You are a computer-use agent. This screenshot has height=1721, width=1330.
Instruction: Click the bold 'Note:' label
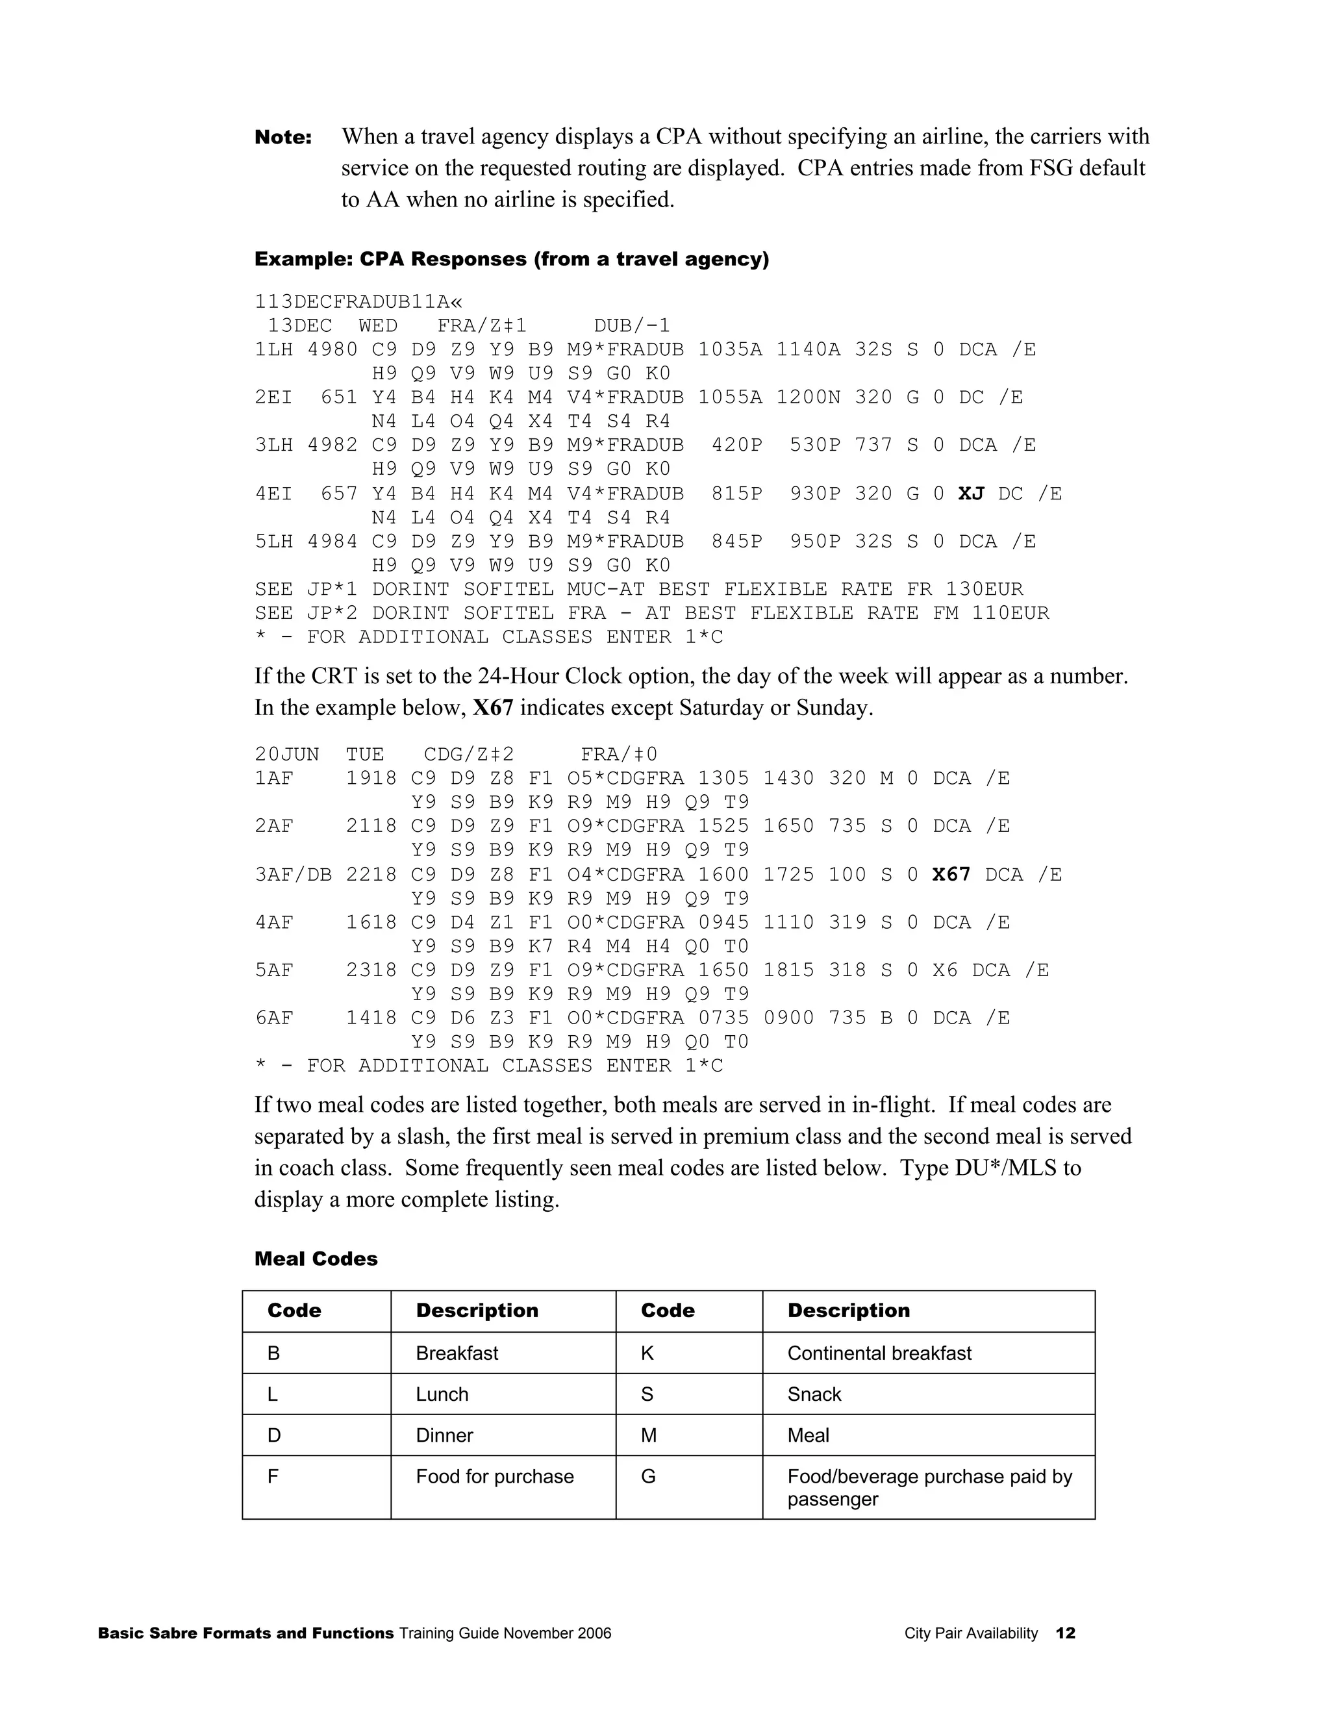(x=283, y=138)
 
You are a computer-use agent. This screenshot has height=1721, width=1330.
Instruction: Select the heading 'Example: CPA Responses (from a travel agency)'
(x=511, y=259)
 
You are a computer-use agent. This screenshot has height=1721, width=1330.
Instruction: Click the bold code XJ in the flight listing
(x=971, y=494)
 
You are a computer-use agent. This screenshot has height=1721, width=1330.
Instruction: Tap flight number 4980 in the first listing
(x=332, y=350)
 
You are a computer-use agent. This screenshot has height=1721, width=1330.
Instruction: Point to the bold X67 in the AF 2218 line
(x=951, y=875)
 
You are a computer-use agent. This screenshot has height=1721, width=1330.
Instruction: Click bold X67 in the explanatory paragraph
(x=492, y=708)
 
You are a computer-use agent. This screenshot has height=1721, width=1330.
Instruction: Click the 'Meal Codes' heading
(x=316, y=1259)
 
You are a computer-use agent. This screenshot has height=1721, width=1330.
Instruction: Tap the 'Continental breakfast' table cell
(x=879, y=1353)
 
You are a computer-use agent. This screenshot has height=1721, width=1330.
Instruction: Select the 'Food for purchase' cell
(x=494, y=1476)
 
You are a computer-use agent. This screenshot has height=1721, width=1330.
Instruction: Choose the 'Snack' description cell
(x=814, y=1394)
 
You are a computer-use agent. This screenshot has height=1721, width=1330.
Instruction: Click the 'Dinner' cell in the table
(x=444, y=1435)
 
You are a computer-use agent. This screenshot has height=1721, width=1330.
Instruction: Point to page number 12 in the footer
(x=1065, y=1633)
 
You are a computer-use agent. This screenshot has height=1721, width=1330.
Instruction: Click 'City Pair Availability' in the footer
(x=971, y=1633)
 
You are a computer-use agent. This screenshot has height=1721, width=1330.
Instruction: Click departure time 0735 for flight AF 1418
(x=723, y=1018)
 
